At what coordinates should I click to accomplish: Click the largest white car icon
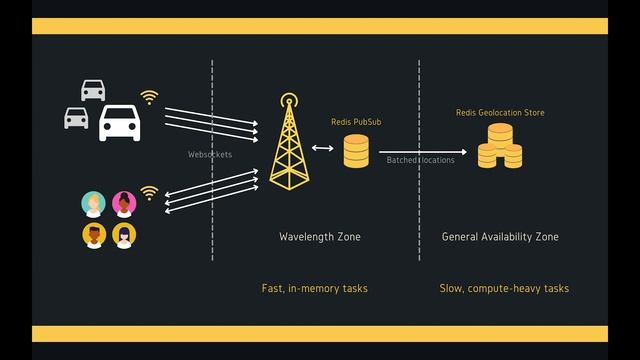119,123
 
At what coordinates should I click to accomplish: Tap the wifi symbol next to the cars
149,97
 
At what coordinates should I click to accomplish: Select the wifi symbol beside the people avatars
149,192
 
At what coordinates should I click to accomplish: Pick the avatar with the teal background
93,204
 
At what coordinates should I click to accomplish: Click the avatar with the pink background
124,204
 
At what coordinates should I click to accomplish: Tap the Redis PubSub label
356,122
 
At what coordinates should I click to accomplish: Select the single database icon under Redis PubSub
356,151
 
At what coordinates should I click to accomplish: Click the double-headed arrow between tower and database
323,148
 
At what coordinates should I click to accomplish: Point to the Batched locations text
420,160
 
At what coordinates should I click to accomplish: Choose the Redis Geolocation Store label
500,113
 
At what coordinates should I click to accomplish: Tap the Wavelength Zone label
319,237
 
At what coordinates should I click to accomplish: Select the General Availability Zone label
500,237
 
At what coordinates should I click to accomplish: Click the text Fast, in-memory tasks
314,288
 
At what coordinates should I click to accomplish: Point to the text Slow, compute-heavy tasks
504,288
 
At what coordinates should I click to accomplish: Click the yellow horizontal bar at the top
320,27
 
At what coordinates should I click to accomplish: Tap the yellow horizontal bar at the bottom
320,333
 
